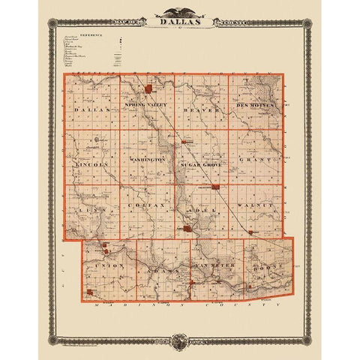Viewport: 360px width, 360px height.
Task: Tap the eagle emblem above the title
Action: click(180, 11)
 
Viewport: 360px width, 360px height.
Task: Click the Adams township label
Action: click(158, 267)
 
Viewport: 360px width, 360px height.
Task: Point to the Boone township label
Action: click(265, 267)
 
